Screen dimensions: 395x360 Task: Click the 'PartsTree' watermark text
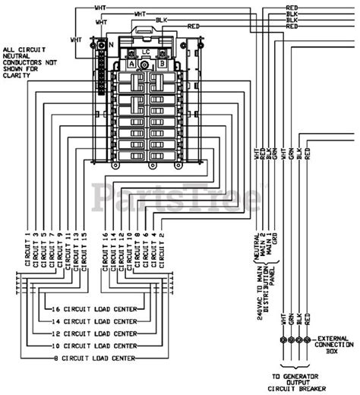click(x=179, y=196)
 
